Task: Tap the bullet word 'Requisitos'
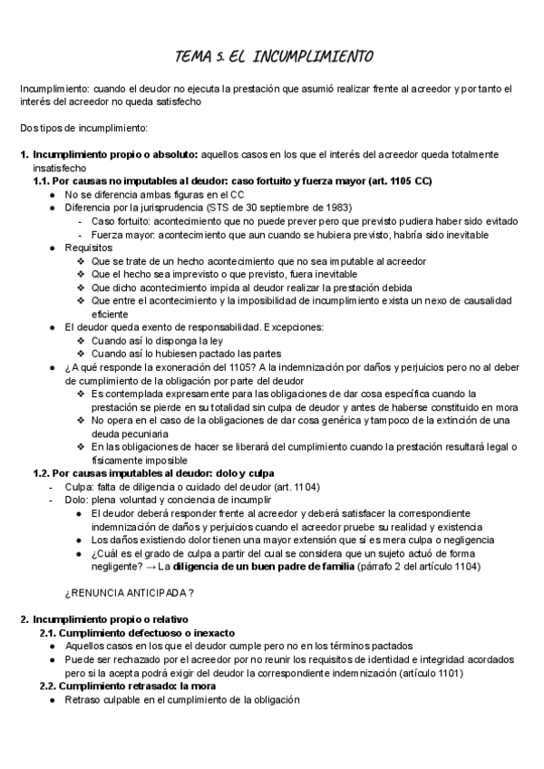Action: [x=89, y=247]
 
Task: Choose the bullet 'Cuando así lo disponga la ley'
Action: [x=158, y=340]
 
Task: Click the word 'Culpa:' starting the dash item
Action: [x=79, y=487]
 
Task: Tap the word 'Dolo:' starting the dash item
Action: [x=77, y=500]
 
